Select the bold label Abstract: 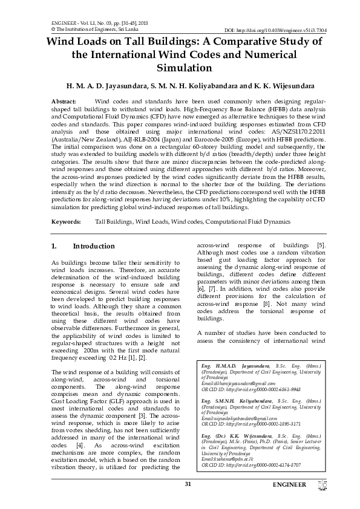pyautogui.click(x=64, y=101)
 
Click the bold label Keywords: pyautogui.click(x=67, y=222)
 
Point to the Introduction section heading pyautogui.click(x=93, y=247)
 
